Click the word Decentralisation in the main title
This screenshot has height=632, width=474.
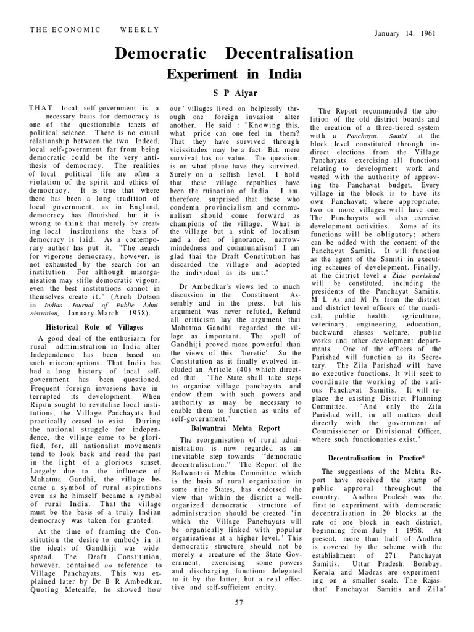point(289,54)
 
